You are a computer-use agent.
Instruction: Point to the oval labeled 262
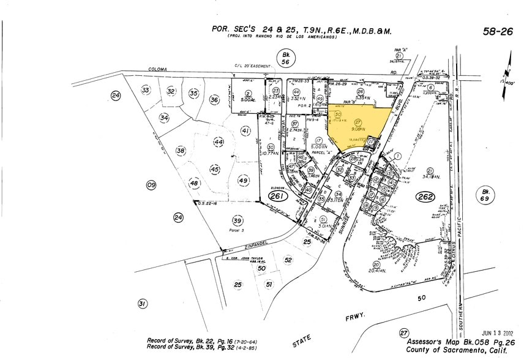425,197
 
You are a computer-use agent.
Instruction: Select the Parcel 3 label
237,231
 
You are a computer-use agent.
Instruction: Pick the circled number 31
143,304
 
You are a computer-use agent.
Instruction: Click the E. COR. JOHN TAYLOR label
250,258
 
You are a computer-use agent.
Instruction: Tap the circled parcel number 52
288,260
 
